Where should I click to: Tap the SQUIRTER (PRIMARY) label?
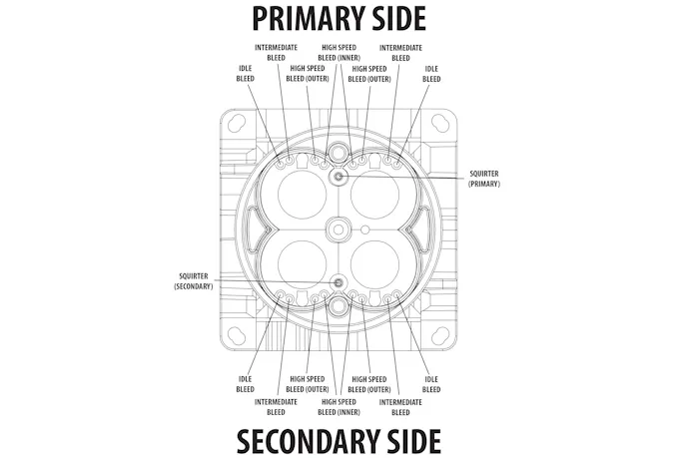(484, 179)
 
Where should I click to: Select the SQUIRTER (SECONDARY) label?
(194, 281)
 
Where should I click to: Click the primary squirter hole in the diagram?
(339, 177)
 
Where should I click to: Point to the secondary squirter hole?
(339, 282)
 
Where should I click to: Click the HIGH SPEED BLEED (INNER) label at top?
(340, 53)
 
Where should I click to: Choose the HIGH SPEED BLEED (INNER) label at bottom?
(340, 407)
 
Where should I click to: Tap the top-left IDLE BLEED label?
(246, 74)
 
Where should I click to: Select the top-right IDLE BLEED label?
(431, 74)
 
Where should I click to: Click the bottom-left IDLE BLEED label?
(246, 384)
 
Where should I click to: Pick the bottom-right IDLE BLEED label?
(431, 384)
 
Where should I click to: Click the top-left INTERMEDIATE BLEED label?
(276, 53)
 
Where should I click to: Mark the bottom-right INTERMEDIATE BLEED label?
(400, 407)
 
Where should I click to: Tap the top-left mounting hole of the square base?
(237, 122)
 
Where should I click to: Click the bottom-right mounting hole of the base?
(440, 336)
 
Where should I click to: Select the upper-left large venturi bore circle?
(302, 195)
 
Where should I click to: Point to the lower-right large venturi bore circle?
(375, 264)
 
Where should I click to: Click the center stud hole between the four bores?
(339, 229)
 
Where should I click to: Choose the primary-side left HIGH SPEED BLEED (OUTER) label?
(308, 74)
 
